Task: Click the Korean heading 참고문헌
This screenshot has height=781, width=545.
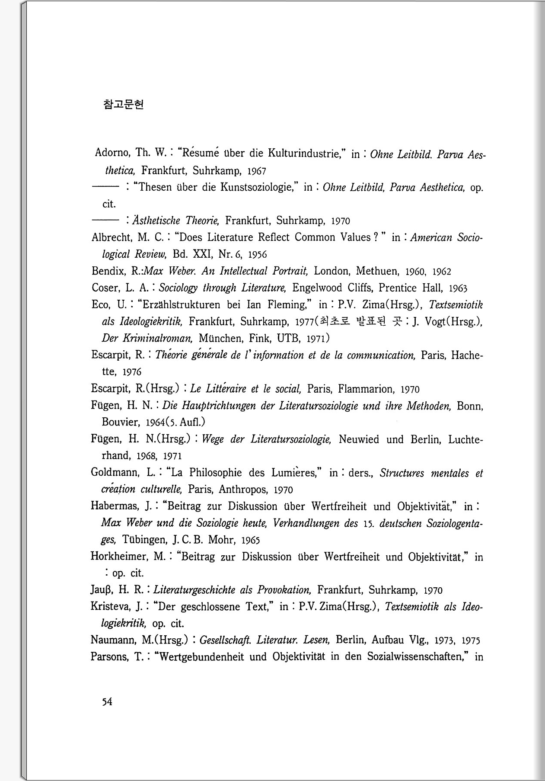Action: click(x=124, y=105)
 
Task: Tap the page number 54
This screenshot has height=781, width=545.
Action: click(x=107, y=702)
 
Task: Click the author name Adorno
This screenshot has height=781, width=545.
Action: click(x=112, y=153)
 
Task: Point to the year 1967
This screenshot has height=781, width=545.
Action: click(x=256, y=171)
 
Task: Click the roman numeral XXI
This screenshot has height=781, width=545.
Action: click(x=203, y=254)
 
